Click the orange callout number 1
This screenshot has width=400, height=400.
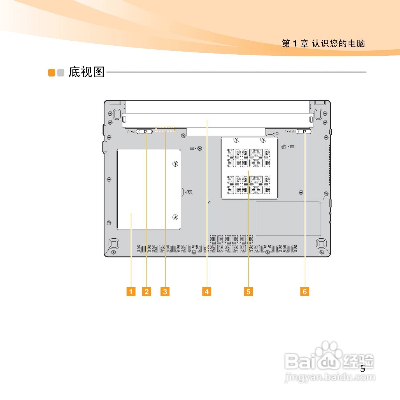click(x=131, y=292)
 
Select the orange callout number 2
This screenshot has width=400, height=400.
click(x=146, y=292)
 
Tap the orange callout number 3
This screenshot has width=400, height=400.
click(x=165, y=292)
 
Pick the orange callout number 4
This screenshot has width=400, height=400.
click(x=207, y=292)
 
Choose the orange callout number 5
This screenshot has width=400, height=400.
click(x=248, y=292)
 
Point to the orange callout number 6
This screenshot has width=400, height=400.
click(x=305, y=292)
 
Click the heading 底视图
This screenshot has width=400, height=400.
click(x=87, y=72)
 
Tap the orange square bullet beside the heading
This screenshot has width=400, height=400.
click(x=52, y=73)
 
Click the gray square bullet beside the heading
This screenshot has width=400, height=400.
click(x=61, y=73)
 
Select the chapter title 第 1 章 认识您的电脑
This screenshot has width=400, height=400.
click(x=323, y=43)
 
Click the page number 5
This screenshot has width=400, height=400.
click(x=363, y=369)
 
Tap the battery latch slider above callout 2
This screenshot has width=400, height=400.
click(x=144, y=131)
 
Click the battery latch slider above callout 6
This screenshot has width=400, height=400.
click(x=304, y=131)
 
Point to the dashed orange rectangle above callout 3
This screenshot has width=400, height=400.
click(x=165, y=129)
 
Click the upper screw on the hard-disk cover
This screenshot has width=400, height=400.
click(x=175, y=164)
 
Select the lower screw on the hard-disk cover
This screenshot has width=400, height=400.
click(x=175, y=217)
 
